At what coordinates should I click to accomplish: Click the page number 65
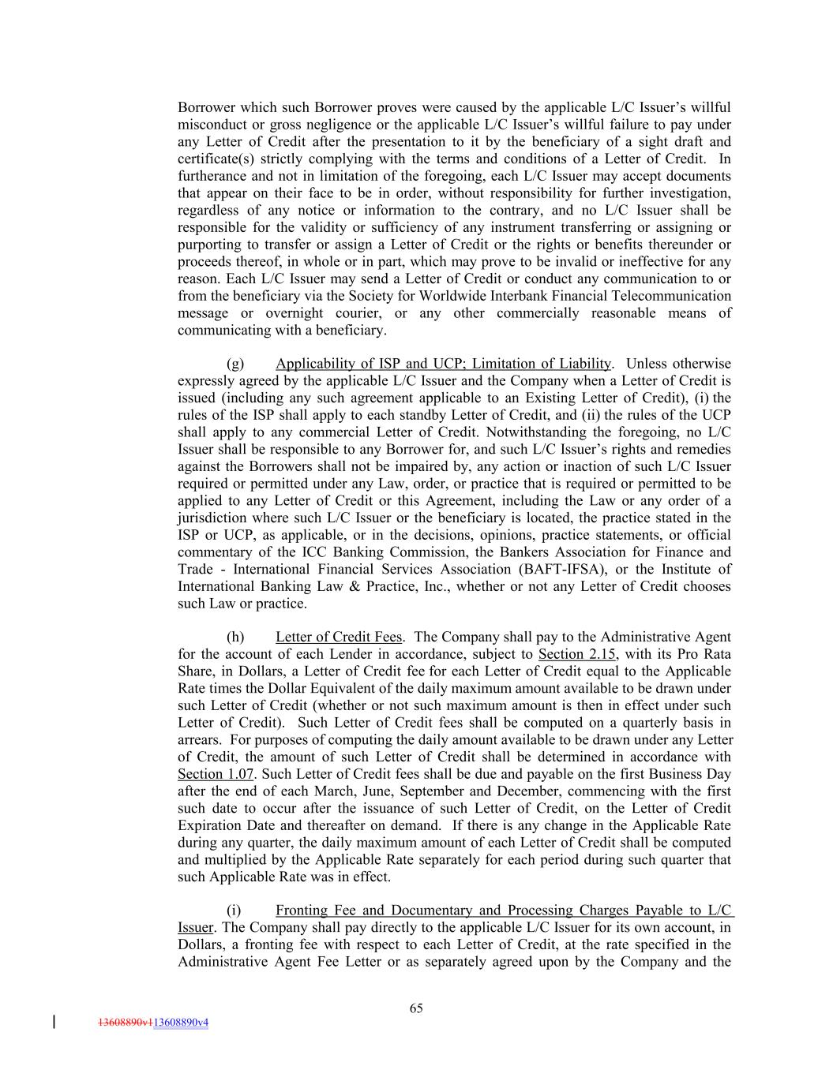pos(416,1008)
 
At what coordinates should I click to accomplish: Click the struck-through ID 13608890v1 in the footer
pos(125,1023)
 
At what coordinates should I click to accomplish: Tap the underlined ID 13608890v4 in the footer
pos(181,1023)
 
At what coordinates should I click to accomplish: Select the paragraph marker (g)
pos(235,364)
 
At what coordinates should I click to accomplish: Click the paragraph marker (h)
pos(235,637)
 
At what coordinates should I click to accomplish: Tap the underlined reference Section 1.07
pos(216,774)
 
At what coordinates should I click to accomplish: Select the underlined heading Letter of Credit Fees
pos(339,637)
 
